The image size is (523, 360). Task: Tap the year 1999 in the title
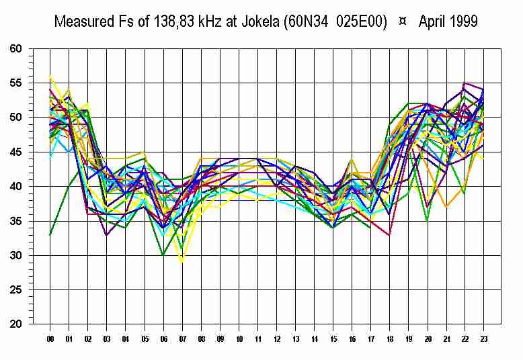point(462,21)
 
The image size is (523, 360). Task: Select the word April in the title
point(430,21)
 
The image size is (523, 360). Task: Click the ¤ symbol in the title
point(402,21)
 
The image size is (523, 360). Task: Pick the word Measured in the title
point(83,21)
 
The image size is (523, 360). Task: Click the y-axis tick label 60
point(16,49)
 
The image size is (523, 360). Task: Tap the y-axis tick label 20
point(16,324)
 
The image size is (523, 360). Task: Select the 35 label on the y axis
point(16,221)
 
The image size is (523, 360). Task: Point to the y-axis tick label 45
point(16,152)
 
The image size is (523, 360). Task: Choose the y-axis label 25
point(16,290)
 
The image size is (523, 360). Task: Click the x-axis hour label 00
point(50,339)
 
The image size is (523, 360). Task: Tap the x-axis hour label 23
point(484,339)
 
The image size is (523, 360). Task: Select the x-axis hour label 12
point(276,339)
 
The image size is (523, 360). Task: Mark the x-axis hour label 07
point(182,339)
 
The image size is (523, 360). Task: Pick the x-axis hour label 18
point(390,339)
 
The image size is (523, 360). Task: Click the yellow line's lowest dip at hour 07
point(182,262)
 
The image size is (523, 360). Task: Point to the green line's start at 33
point(50,234)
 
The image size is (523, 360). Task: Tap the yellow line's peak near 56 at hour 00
point(50,77)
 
